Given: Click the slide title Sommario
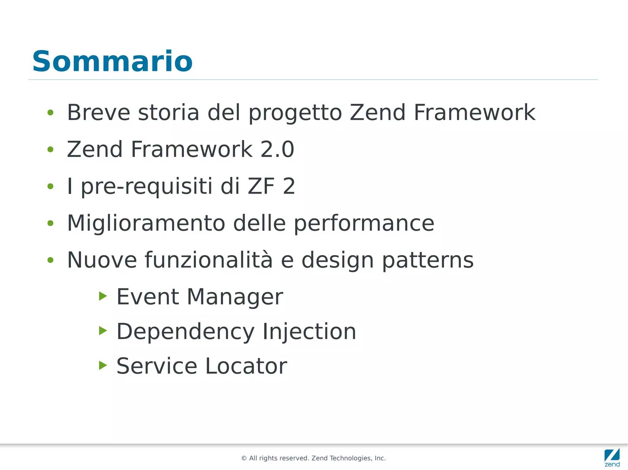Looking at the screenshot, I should [x=112, y=62].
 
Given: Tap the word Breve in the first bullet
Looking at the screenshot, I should [x=98, y=112].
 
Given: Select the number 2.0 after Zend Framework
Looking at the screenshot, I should [x=277, y=149].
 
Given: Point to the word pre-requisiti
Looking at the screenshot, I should [x=147, y=187].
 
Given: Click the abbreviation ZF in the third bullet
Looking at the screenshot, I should [x=261, y=186].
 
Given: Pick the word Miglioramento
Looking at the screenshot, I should [x=146, y=223].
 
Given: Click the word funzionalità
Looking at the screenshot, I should [x=209, y=260].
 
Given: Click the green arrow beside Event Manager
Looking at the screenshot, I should [x=103, y=296].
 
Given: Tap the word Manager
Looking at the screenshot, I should [x=235, y=297].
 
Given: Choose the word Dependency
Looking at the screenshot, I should [x=186, y=332].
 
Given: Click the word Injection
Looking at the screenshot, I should [x=309, y=332].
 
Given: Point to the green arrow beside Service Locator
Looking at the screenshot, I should [x=103, y=365].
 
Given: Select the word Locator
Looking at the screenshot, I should [x=246, y=366].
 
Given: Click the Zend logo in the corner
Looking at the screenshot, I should [x=612, y=457].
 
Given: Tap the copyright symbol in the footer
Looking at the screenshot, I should [x=244, y=458].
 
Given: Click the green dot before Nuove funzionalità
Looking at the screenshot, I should [x=51, y=260].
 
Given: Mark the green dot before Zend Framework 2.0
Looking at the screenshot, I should [x=51, y=149].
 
